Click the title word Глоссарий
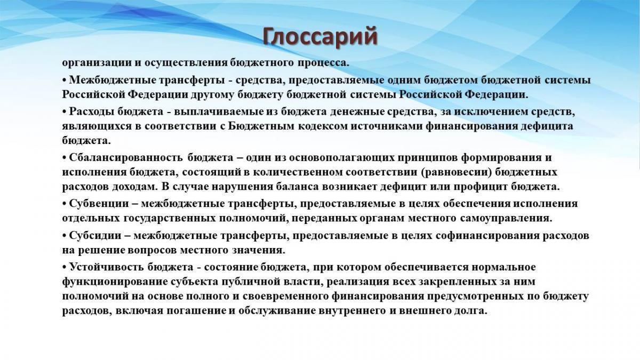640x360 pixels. (x=321, y=37)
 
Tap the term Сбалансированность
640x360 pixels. (x=126, y=158)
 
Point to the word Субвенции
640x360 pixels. (x=99, y=204)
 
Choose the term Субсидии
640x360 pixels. (x=95, y=236)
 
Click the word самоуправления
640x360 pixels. (x=505, y=219)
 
